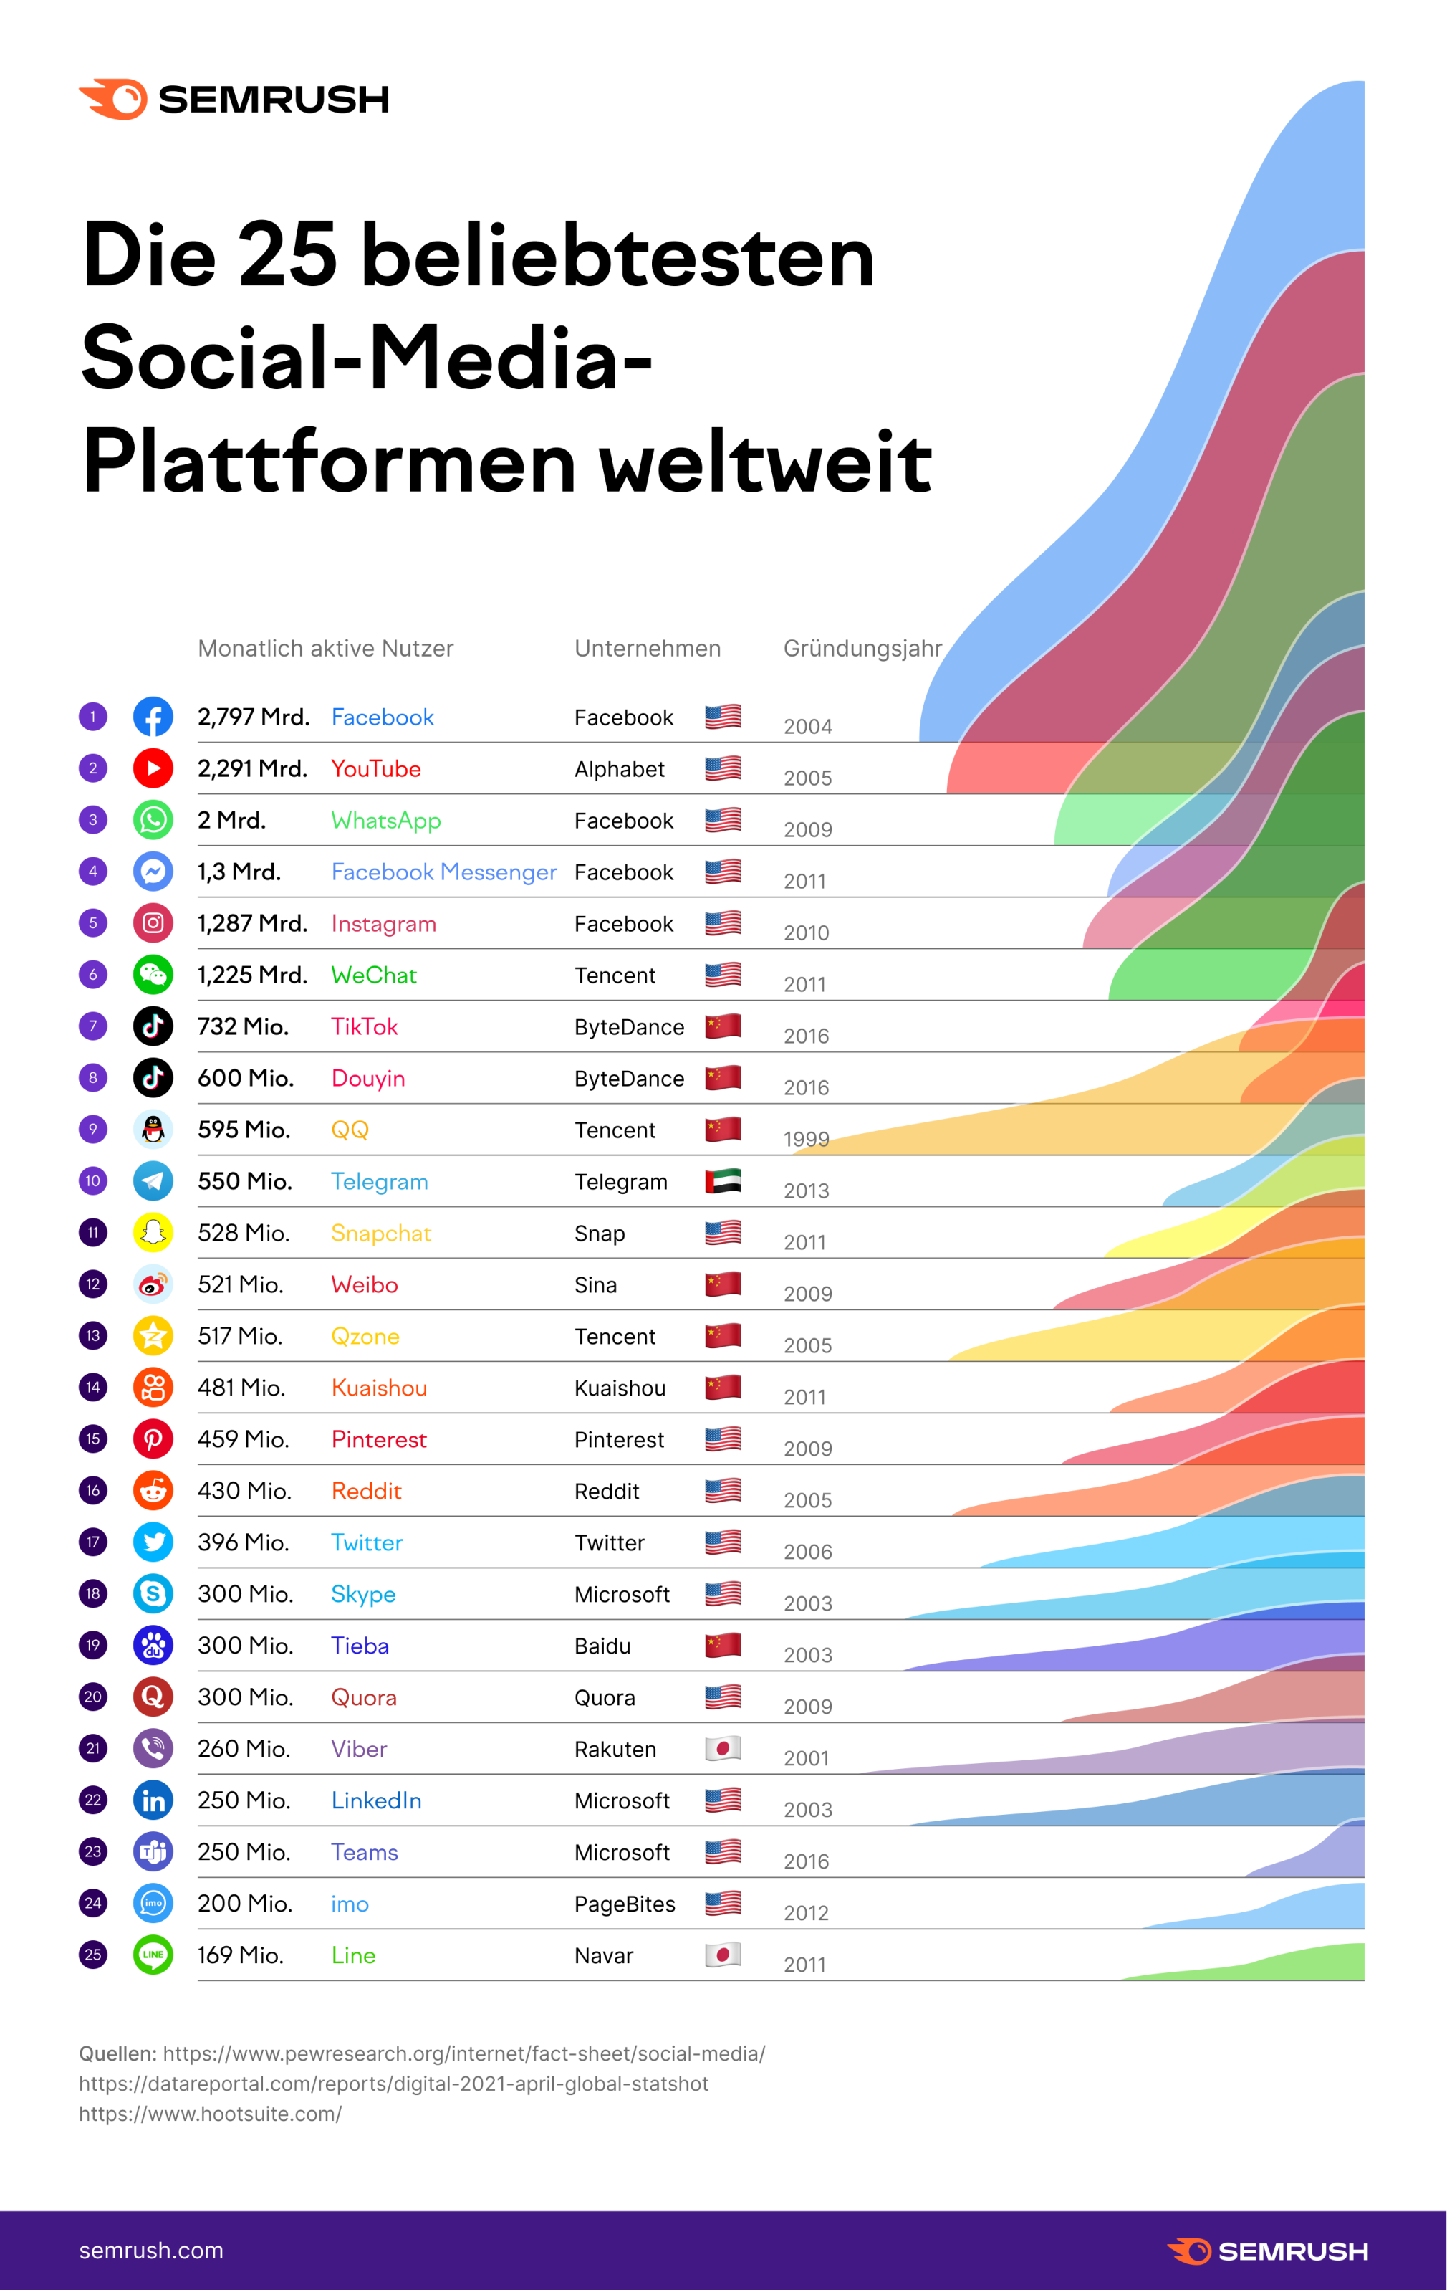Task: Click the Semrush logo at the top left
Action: pos(233,99)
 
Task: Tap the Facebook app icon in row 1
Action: pos(153,716)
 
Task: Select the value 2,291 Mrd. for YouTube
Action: pos(252,768)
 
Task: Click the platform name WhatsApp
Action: pos(385,820)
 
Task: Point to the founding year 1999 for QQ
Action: pos(806,1140)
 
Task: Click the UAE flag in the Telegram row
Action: pos(723,1181)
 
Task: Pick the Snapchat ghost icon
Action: pos(153,1233)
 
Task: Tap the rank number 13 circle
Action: pos(93,1335)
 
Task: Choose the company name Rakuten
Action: pos(615,1749)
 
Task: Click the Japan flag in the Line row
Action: pos(723,1955)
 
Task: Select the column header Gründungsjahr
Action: pos(862,649)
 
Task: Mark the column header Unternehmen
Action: pos(648,649)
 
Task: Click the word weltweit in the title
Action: pos(765,463)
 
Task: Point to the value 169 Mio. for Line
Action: pos(241,1955)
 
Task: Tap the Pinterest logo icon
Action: pos(153,1439)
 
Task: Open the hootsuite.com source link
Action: pos(210,2114)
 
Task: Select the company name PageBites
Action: pos(625,1904)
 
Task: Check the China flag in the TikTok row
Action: pos(723,1026)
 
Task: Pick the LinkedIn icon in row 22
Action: pos(153,1800)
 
